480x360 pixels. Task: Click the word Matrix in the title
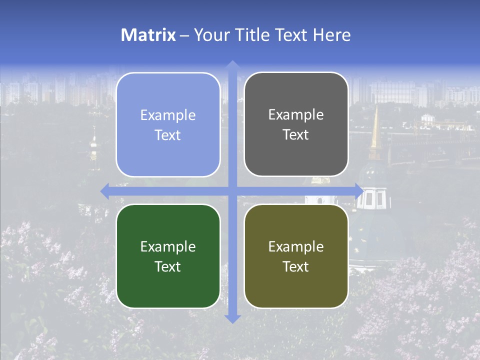148,35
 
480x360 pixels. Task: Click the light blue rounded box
168,125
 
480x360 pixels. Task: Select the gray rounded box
296,124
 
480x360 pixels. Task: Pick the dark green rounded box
168,256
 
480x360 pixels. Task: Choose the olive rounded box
296,256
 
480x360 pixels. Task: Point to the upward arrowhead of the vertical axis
232,64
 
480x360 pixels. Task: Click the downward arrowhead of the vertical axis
232,319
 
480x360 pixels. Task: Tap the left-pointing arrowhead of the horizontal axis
104,191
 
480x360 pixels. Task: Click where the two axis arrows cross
232,191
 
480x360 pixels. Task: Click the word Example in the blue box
168,115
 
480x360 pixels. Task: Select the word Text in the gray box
296,135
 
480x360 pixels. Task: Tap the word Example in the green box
168,246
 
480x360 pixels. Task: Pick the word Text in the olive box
296,266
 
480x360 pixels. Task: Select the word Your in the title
210,35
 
